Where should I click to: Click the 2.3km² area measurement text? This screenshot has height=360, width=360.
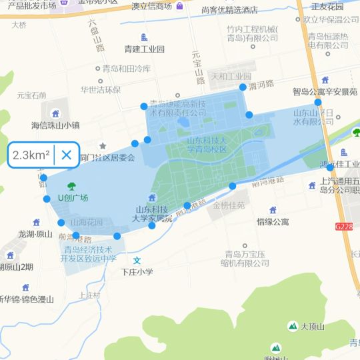coord(31,155)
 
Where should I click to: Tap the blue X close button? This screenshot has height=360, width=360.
coord(67,155)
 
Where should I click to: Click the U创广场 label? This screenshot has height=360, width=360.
coord(73,198)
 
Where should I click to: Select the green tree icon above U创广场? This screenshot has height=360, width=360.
coord(72,186)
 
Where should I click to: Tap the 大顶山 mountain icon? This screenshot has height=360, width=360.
coord(293,326)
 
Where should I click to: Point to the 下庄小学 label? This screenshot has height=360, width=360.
coord(137,272)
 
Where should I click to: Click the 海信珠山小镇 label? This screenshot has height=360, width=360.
coord(55,125)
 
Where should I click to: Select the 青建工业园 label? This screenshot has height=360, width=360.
coord(144,49)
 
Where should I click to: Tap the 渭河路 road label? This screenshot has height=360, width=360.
coord(261,85)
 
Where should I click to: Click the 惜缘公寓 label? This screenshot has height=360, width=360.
coord(273,221)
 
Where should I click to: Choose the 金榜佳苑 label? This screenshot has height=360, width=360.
coord(229,206)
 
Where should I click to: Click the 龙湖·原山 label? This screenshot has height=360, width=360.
coord(35,234)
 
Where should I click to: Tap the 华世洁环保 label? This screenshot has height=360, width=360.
coord(101,89)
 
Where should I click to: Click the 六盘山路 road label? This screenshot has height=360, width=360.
coord(98,33)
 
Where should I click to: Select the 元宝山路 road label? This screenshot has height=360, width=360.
coord(197,67)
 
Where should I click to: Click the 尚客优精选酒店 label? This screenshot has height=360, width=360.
coord(229,10)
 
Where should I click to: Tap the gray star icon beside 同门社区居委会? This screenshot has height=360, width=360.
coord(103,145)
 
